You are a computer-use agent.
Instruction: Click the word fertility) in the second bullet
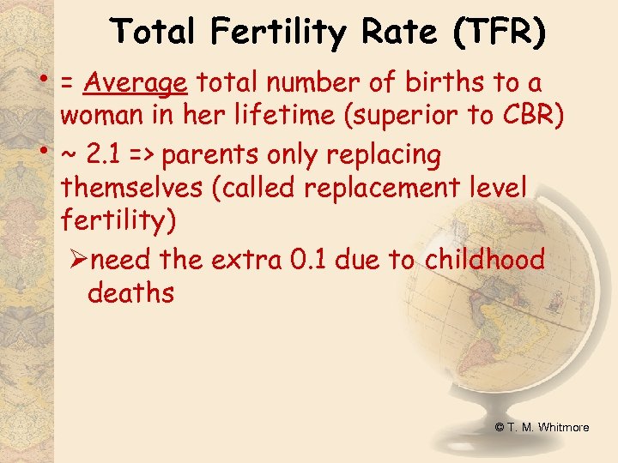pos(119,220)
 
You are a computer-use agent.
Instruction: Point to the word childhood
pos(484,260)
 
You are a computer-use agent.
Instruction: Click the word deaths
pos(130,292)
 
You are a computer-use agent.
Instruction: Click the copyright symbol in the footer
pos(499,426)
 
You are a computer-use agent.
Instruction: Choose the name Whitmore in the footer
pos(563,426)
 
